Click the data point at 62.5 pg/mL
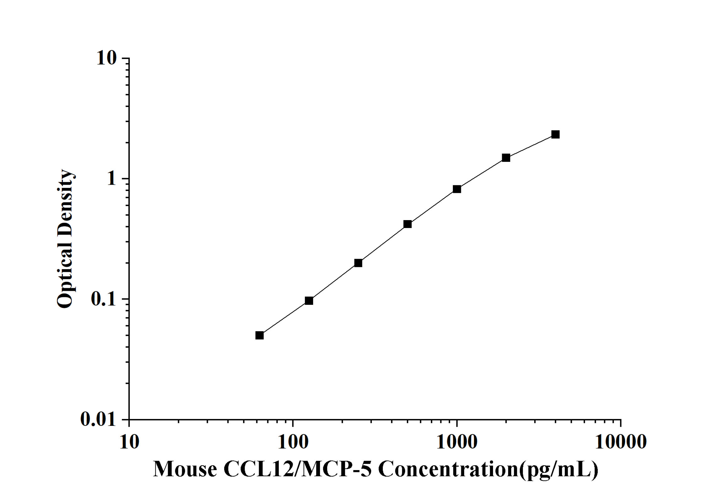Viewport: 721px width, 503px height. (259, 336)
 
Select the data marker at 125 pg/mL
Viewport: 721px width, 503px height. (309, 301)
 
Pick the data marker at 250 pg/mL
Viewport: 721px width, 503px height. (358, 263)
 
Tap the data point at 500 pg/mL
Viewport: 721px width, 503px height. (408, 224)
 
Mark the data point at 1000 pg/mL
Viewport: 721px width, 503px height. (457, 189)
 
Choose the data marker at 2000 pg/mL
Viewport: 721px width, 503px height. (506, 158)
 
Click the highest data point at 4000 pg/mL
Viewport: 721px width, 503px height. (556, 135)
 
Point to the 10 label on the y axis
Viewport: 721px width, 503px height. (106, 58)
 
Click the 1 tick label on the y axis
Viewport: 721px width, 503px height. (111, 179)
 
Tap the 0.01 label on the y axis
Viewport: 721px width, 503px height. (98, 419)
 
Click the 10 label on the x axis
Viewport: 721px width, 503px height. (129, 442)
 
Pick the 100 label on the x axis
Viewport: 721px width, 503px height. (293, 442)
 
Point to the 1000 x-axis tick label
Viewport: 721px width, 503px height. (457, 442)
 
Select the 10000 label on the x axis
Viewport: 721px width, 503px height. (621, 442)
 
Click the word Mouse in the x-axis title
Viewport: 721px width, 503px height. (185, 469)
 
